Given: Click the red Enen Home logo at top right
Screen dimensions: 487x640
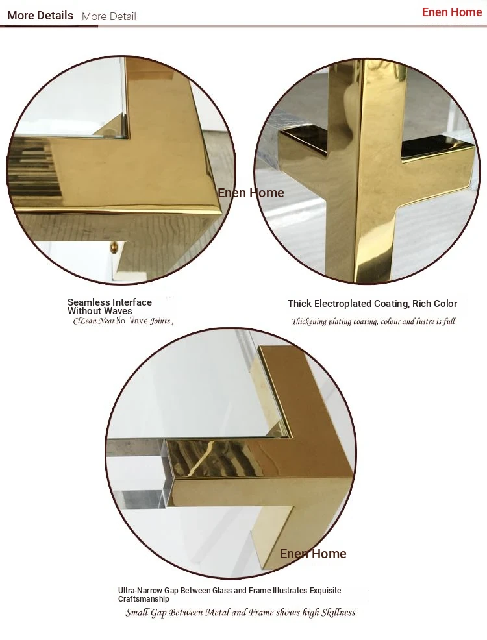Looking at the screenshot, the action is click(x=452, y=12).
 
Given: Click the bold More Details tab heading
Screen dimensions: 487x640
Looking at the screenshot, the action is click(x=40, y=16).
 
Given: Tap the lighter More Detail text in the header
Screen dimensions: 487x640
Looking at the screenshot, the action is click(x=109, y=16).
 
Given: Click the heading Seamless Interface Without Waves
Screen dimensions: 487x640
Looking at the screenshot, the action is click(x=109, y=306).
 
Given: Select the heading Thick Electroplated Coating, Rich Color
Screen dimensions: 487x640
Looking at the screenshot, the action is click(x=372, y=304).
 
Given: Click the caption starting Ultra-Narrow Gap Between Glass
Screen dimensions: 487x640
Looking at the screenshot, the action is click(x=229, y=595).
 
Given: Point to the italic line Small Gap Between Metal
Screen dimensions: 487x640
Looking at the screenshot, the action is click(x=240, y=613).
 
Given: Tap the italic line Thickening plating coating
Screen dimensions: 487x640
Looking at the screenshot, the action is click(x=373, y=322).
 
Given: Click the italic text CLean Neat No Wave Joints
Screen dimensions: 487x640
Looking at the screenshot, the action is click(x=123, y=321).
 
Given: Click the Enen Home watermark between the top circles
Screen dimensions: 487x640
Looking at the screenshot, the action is click(x=251, y=193).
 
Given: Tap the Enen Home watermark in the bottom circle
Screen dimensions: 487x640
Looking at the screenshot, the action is click(x=313, y=554).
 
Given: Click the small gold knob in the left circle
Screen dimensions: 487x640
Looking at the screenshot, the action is click(x=114, y=247).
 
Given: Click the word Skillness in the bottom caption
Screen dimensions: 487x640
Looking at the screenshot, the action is click(x=338, y=613).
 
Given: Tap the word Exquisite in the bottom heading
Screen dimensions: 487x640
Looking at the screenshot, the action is click(x=325, y=591).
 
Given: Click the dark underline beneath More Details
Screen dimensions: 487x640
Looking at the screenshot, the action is click(x=49, y=27).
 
